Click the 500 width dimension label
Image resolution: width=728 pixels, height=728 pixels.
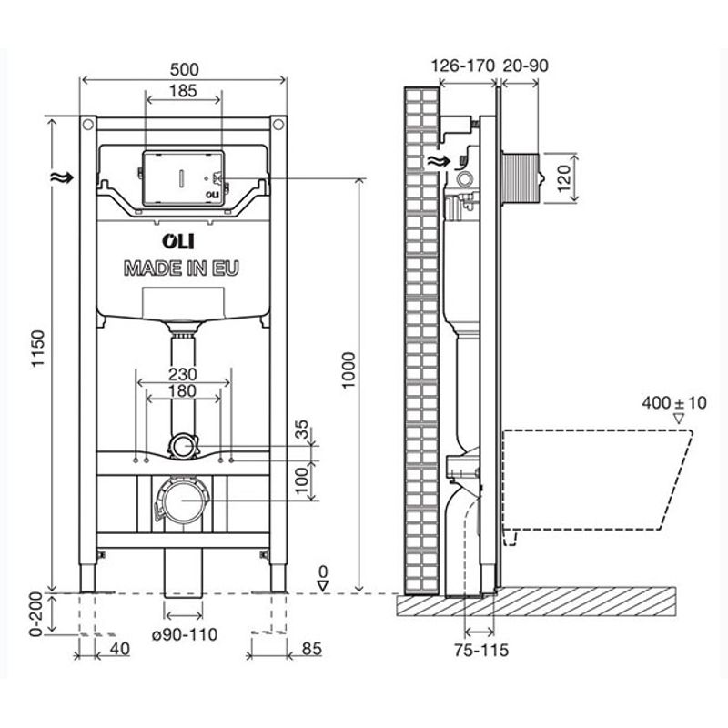pos(184,69)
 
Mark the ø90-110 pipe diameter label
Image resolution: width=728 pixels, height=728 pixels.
pos(184,634)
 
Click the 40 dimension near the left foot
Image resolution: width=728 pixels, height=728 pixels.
pos(118,649)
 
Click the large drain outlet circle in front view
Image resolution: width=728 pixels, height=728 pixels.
pos(184,501)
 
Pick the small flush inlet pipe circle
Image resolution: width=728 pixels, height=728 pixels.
pos(184,447)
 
